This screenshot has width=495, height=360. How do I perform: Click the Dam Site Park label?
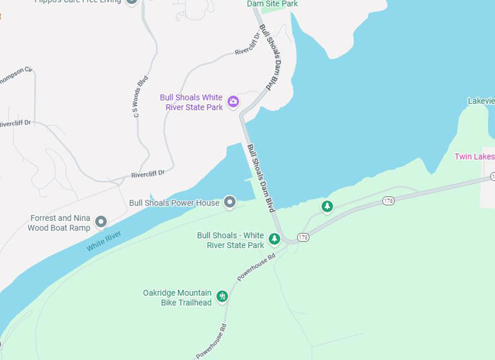point(272,4)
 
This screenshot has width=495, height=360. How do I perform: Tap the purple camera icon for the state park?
point(233,101)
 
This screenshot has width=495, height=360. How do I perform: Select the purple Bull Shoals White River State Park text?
point(191,102)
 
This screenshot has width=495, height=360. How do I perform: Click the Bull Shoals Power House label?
point(174,203)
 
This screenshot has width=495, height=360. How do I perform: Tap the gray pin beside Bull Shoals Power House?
point(229,203)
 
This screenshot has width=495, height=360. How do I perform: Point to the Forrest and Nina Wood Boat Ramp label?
point(59,223)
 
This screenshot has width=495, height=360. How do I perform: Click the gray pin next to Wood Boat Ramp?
point(101,222)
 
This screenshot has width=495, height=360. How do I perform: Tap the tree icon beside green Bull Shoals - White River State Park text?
point(274,239)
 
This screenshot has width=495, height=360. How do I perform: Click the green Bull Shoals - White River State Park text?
point(231,240)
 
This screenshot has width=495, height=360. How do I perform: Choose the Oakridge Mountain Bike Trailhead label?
point(177,298)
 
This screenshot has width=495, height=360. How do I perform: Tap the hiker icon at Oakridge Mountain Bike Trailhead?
point(222,296)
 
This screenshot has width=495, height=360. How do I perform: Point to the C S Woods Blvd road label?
point(140,96)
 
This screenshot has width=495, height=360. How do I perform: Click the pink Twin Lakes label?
point(474,156)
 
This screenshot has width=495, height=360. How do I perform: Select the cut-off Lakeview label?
point(481,101)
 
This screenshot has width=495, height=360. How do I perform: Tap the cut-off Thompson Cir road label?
point(17,77)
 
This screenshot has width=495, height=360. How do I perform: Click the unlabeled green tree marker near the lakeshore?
point(327,206)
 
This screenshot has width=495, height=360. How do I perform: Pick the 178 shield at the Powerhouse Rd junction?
point(304,238)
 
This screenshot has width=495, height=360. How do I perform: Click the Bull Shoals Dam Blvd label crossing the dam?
point(261,178)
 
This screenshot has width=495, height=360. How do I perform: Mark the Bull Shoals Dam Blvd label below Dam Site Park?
point(271,56)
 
